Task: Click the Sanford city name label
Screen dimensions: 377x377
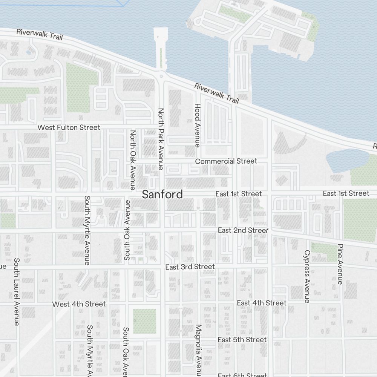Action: pos(162,194)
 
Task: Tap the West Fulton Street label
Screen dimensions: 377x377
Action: pos(69,127)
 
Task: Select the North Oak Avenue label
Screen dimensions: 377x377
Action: pos(133,160)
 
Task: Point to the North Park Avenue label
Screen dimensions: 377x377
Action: pos(161,139)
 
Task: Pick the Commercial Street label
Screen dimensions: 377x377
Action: pos(226,161)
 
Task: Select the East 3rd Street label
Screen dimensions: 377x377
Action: pos(190,267)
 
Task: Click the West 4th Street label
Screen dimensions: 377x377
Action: pos(79,304)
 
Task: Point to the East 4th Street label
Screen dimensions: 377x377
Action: pos(262,303)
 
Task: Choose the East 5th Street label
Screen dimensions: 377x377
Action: pos(242,340)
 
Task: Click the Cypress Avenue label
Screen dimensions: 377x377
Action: pos(307,276)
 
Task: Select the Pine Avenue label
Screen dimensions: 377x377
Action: pos(340,264)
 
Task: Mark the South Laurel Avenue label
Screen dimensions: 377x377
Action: pos(17,292)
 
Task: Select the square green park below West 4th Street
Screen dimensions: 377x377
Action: pos(144,321)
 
